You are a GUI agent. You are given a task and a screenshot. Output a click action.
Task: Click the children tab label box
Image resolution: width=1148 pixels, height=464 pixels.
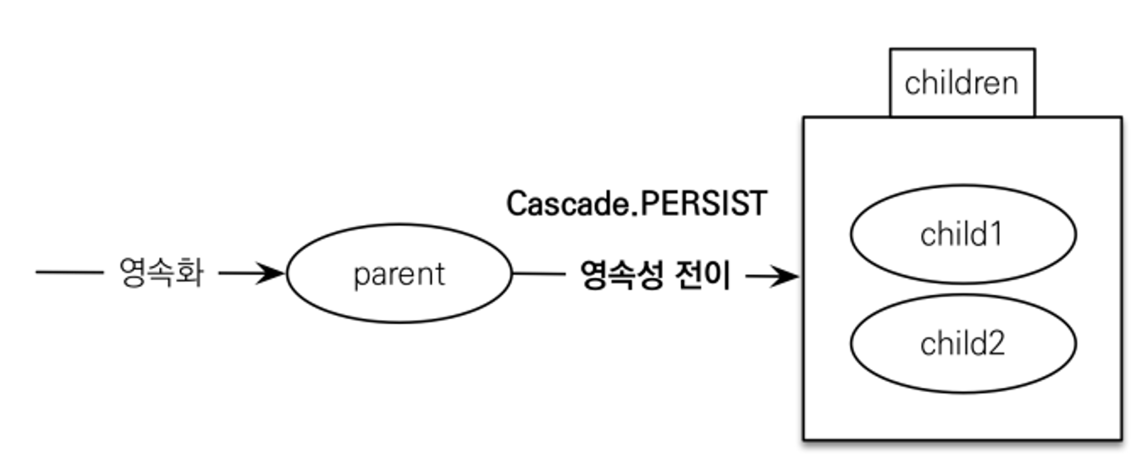(962, 83)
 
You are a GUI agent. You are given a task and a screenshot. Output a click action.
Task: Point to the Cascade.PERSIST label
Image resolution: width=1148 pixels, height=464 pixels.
(636, 204)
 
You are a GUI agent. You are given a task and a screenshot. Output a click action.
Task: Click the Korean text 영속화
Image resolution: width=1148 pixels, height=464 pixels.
(161, 272)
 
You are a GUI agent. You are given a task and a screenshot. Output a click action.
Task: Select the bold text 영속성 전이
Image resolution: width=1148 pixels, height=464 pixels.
(655, 275)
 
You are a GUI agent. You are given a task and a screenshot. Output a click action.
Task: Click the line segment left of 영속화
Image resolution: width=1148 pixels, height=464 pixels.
(69, 272)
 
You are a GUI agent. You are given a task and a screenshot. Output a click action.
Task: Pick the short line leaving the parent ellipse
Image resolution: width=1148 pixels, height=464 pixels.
(538, 274)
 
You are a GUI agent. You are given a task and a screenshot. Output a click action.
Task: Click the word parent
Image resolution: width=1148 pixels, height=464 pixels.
(399, 274)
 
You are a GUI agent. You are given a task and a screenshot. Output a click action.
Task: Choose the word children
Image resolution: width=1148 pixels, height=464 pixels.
(961, 83)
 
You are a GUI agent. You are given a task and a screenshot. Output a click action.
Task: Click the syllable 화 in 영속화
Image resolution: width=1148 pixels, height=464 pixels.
(189, 272)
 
